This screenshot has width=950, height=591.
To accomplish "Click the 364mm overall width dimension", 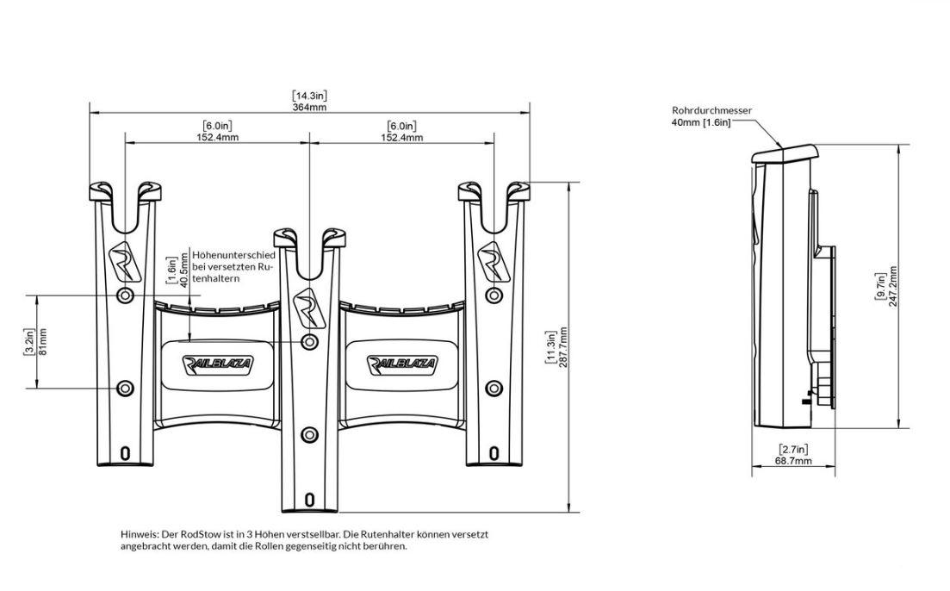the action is (x=309, y=108).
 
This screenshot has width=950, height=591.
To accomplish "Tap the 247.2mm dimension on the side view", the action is (x=892, y=287).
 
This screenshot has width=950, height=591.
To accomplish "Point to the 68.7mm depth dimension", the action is (x=794, y=461).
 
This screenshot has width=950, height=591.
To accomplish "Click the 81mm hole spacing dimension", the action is (x=42, y=342).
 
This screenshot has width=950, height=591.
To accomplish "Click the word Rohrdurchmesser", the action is (x=712, y=110).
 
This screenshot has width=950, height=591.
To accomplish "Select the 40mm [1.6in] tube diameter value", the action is (x=701, y=122).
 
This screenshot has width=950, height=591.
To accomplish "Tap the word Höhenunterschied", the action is (x=234, y=255).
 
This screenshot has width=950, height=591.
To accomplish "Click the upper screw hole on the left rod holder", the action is (x=126, y=295).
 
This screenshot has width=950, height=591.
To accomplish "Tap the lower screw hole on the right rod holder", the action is (x=494, y=388).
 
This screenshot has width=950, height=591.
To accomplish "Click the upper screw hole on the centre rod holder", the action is (x=309, y=342).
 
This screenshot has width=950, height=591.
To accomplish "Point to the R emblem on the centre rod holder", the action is (x=309, y=305).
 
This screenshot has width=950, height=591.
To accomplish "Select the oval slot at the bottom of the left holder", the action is (x=126, y=453).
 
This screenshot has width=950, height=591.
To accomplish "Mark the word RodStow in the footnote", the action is (x=201, y=535).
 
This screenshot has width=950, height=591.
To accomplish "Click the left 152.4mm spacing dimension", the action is (x=216, y=137).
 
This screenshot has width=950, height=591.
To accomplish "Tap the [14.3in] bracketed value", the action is (x=309, y=96).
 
